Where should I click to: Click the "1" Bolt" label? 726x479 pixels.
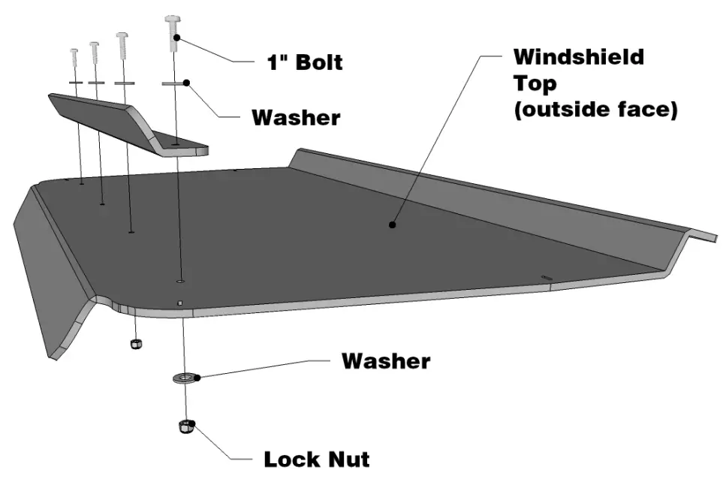(x=305, y=62)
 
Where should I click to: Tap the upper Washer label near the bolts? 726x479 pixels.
(x=295, y=118)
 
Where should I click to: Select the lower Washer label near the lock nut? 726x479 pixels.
(x=385, y=361)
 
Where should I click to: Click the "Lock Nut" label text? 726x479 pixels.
(x=316, y=459)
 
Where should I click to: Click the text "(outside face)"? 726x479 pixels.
(x=595, y=110)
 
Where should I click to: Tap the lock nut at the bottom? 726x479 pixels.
(x=185, y=428)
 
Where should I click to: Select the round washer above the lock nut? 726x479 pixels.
(x=183, y=375)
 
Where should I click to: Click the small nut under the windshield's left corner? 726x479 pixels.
(x=136, y=343)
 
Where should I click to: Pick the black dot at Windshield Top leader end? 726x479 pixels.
(x=391, y=224)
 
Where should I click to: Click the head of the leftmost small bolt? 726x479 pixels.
(x=74, y=52)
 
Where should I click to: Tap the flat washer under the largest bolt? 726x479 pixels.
(x=173, y=84)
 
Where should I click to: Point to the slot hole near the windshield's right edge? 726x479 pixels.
(x=546, y=278)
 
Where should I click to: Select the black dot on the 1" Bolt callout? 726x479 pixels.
(x=176, y=36)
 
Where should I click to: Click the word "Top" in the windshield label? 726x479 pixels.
(x=529, y=83)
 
